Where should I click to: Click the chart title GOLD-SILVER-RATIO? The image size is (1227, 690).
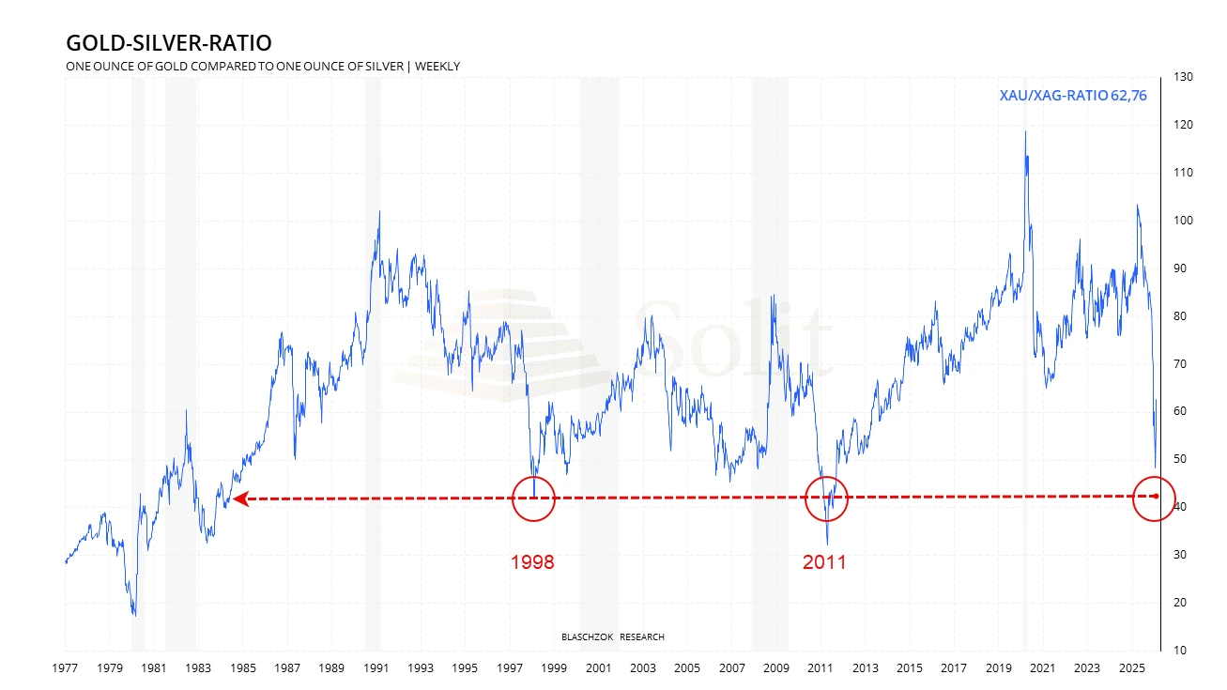point(168,43)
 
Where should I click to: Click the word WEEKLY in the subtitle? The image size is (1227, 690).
point(437,66)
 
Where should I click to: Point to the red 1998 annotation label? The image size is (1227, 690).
point(532,562)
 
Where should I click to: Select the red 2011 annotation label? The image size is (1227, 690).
point(824,562)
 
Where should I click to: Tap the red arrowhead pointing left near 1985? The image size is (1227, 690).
point(240,499)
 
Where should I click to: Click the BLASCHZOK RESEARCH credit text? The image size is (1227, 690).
point(612,636)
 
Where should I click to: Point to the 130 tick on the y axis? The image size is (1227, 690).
point(1183,76)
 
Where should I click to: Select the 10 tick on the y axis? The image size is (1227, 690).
point(1179,650)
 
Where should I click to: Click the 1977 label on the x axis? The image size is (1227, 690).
point(65,668)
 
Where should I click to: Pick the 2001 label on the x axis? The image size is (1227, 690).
point(598,668)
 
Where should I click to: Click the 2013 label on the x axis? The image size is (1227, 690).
point(865,668)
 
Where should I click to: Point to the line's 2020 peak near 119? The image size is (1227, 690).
point(1025,131)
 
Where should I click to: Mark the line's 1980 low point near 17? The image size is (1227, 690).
point(134,615)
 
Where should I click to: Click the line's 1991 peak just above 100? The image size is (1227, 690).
point(379,212)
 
